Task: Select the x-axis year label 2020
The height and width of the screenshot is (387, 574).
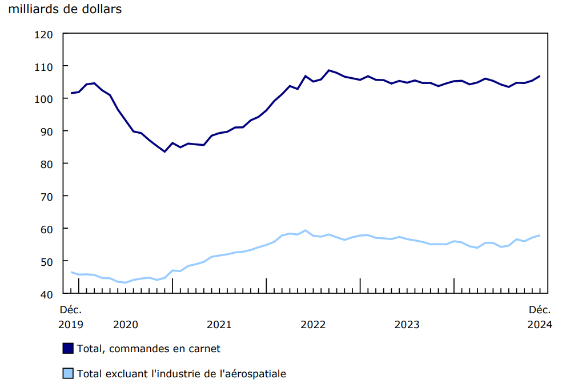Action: coord(126,325)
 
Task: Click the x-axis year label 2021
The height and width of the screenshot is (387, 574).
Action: coord(219,325)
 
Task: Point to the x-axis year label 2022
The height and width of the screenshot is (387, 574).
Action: coord(313,325)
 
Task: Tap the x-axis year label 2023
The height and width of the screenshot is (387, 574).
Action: coord(407,325)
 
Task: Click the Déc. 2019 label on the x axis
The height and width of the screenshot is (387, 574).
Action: coord(71,317)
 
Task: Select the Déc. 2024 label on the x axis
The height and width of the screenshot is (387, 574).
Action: coord(540,317)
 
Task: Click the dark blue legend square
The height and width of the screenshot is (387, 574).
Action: coord(68,348)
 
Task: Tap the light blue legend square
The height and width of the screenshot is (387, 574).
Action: coord(68,374)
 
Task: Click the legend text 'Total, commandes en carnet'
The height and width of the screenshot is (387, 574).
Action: coord(148,348)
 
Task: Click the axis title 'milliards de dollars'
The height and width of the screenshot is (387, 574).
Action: coord(65,10)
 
